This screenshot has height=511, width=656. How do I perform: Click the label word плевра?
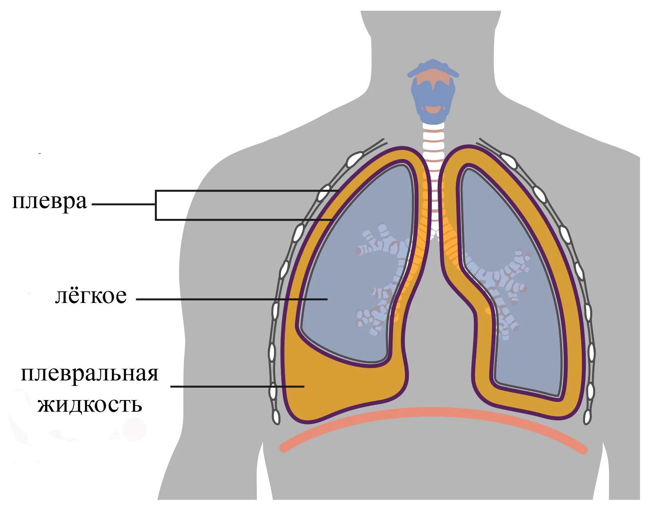pos(49,201)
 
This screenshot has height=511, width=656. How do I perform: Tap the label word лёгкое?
pos(91,295)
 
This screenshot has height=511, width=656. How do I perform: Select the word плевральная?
pos(90,374)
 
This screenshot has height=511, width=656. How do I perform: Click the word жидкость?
pos(90,404)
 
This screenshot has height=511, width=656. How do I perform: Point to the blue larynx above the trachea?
pos(433,91)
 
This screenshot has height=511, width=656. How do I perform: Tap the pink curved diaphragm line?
pos(433,413)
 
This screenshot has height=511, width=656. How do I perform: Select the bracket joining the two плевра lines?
pos(156,205)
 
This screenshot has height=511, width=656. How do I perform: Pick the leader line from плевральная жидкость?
pos(236,386)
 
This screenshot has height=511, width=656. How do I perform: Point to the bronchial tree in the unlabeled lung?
pos(502,287)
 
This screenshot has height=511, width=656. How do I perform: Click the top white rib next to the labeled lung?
pos(355,159)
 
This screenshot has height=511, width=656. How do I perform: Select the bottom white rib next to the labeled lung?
pos(276,418)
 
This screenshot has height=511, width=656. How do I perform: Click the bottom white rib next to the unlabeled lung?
pos(587,417)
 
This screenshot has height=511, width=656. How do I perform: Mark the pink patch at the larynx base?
pos(433,109)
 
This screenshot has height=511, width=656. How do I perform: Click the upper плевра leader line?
pos(247,190)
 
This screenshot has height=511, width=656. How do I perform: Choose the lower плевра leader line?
pos(244,220)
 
